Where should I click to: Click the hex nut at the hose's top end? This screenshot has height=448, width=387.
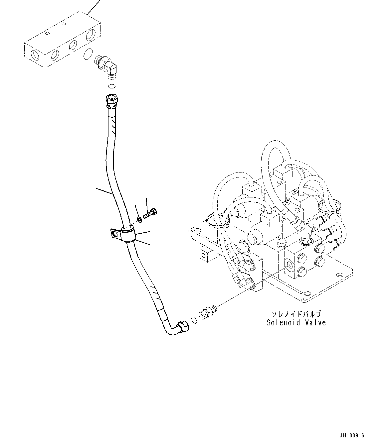pos(110,100)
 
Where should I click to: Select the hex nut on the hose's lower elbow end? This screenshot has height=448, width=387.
pos(183,326)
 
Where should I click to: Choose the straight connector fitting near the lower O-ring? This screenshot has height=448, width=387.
pos(206,312)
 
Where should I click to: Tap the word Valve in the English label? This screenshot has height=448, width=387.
pos(315,322)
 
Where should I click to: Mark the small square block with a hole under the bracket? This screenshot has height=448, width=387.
pos(204,255)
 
